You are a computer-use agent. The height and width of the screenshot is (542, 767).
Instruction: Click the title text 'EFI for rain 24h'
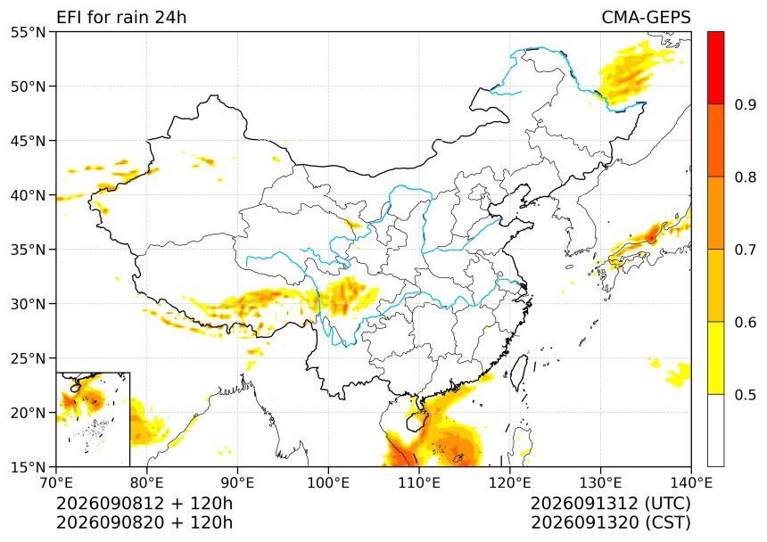pyautogui.click(x=121, y=18)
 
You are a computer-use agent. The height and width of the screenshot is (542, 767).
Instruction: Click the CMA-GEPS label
pyautogui.click(x=647, y=18)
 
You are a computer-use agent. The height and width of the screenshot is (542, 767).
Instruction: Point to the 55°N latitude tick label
pyautogui.click(x=28, y=32)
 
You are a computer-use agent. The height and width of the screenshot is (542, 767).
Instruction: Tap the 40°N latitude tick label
pyautogui.click(x=28, y=195)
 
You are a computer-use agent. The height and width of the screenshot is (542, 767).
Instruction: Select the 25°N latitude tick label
pyautogui.click(x=28, y=358)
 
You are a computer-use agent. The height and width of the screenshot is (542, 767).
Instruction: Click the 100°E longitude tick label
pyautogui.click(x=328, y=483)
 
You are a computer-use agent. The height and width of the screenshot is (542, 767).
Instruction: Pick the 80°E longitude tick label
pyautogui.click(x=147, y=483)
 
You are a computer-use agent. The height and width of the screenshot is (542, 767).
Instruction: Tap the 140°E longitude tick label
pyautogui.click(x=691, y=483)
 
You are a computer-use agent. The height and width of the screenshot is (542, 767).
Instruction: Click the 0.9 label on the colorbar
pyautogui.click(x=746, y=104)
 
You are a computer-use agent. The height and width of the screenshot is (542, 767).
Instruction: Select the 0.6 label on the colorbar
pyautogui.click(x=746, y=322)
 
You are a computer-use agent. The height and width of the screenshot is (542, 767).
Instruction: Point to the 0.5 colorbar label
pyautogui.click(x=746, y=394)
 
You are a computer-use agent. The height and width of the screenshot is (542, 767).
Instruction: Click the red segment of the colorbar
pyautogui.click(x=715, y=68)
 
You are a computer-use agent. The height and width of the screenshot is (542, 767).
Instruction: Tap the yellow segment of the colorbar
pyautogui.click(x=715, y=357)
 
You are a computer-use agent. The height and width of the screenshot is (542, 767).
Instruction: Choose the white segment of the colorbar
pyautogui.click(x=715, y=430)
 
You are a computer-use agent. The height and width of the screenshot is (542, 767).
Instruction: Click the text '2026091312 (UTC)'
pyautogui.click(x=611, y=504)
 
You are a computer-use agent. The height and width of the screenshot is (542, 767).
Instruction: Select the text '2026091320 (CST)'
pyautogui.click(x=611, y=522)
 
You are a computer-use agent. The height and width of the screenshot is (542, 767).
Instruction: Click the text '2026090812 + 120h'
pyautogui.click(x=144, y=504)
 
